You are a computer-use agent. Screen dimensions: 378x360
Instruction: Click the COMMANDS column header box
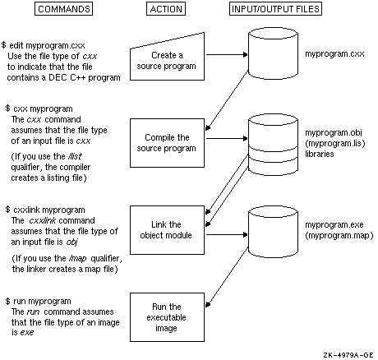[x=63, y=9]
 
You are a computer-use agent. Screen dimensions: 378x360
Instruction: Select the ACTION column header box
[x=166, y=9]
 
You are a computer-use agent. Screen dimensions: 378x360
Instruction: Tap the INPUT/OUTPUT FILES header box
[x=275, y=9]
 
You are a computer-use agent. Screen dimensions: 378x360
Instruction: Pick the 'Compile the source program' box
[x=167, y=143]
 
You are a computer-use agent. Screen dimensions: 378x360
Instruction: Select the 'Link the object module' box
[x=167, y=230]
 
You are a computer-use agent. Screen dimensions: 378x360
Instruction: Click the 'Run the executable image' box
[x=167, y=317]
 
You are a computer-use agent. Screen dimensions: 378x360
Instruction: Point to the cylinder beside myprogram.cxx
[x=273, y=54]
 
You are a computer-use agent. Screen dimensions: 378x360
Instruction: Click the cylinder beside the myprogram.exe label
[x=273, y=232]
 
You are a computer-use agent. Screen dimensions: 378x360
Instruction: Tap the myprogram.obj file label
[x=334, y=133]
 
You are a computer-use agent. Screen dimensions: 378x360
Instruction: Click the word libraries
[x=320, y=154]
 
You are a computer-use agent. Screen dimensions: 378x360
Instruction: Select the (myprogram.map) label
[x=339, y=236]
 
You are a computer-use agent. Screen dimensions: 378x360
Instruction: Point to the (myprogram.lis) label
[x=335, y=143]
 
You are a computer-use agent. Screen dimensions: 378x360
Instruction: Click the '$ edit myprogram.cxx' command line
[x=44, y=45]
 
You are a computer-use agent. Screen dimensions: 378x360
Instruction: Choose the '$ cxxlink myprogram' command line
[x=45, y=210]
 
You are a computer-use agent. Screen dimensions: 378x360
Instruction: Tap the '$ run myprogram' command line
[x=39, y=301]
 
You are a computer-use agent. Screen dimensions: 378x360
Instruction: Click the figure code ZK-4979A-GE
[x=348, y=355]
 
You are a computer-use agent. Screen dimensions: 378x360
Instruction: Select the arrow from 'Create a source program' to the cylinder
[x=227, y=55]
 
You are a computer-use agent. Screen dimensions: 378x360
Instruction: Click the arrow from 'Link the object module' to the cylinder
[x=227, y=234]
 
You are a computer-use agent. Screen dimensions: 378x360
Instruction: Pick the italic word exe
[x=27, y=333]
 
